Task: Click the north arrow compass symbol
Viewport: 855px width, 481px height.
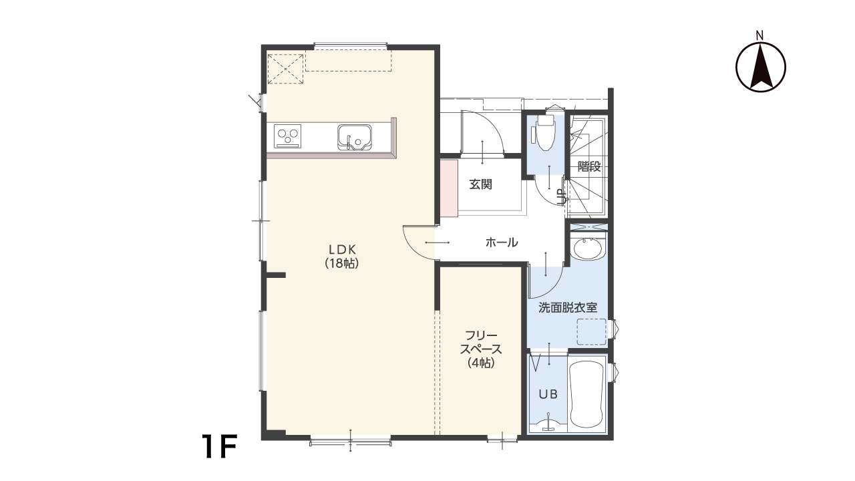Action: click(x=760, y=67)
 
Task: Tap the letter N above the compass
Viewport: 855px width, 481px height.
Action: click(x=759, y=36)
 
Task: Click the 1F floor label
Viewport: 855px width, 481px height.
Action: click(x=220, y=446)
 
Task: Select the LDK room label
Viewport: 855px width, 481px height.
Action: click(x=343, y=250)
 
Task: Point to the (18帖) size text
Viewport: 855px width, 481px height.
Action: click(x=342, y=263)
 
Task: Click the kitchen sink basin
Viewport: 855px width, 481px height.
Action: click(x=354, y=137)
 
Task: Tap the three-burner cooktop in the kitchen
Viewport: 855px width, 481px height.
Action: click(x=287, y=136)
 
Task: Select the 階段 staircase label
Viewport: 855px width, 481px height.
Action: click(x=589, y=166)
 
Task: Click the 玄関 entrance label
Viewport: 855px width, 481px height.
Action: click(x=480, y=185)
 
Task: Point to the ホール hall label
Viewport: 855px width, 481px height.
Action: click(x=502, y=242)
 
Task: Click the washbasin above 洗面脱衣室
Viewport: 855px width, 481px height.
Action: click(x=588, y=249)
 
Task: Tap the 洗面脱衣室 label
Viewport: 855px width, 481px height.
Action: click(x=568, y=308)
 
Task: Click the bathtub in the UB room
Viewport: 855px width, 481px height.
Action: click(x=586, y=394)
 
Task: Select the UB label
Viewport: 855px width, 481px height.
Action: click(x=548, y=394)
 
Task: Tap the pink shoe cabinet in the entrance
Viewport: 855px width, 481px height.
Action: click(x=449, y=188)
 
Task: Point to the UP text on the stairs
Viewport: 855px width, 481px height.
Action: click(x=562, y=197)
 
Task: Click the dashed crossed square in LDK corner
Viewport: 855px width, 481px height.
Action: click(x=285, y=69)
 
